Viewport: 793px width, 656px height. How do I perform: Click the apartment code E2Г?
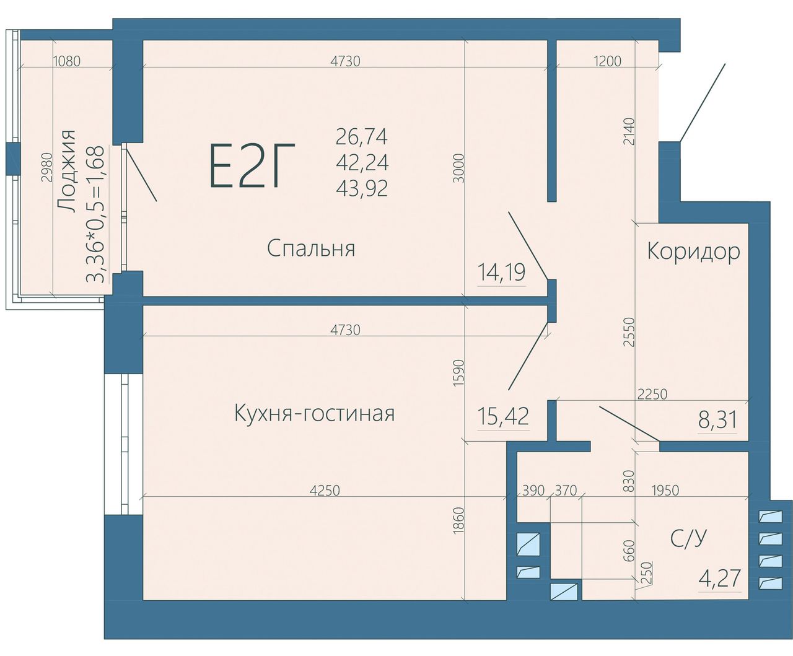click(252, 165)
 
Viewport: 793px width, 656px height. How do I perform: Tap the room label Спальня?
click(311, 249)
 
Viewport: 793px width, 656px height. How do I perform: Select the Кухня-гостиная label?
click(315, 413)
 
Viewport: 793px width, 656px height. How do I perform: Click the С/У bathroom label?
click(688, 538)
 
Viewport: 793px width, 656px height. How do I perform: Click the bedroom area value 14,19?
click(501, 273)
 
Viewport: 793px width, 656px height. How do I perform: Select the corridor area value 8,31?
click(717, 420)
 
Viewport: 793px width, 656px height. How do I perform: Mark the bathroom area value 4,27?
click(720, 578)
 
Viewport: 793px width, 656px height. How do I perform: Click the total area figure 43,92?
click(362, 188)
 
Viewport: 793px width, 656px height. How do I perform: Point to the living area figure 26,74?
click(362, 137)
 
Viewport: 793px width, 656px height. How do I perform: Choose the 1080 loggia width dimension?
click(68, 61)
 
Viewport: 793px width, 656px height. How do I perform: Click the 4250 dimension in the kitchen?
click(325, 491)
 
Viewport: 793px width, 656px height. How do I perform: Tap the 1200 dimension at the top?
click(607, 61)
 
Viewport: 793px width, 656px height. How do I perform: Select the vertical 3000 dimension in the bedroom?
click(459, 168)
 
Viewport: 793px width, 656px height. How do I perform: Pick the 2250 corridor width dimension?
click(652, 395)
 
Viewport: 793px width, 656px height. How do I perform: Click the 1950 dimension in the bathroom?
click(665, 491)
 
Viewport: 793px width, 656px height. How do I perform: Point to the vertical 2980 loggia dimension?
click(46, 167)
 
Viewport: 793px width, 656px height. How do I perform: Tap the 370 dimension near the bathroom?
click(566, 491)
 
